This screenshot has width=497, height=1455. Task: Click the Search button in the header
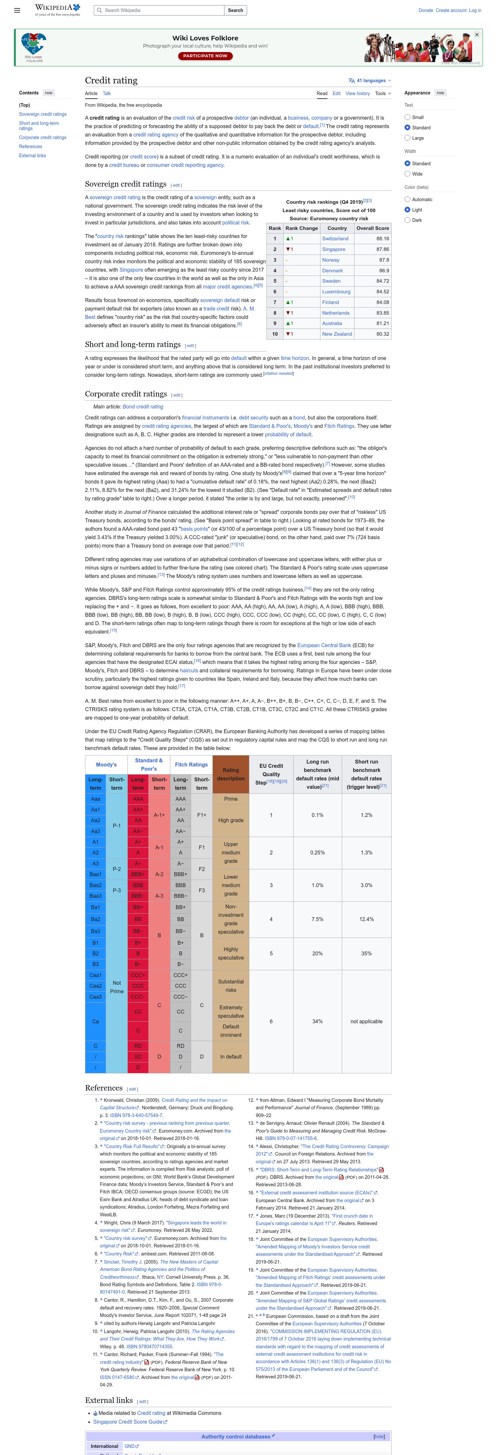tap(235, 10)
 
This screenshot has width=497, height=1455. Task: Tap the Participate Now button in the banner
tap(205, 56)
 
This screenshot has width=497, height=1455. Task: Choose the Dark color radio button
tap(408, 220)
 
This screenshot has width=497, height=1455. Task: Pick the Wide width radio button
tap(408, 174)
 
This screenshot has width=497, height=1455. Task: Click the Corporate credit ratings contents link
tap(42, 137)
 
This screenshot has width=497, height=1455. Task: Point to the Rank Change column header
tap(302, 228)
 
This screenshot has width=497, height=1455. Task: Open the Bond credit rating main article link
tap(143, 407)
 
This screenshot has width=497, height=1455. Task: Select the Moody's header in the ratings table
tap(106, 765)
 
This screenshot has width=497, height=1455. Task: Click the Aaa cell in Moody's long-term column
tap(95, 799)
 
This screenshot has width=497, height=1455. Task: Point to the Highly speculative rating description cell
tap(231, 953)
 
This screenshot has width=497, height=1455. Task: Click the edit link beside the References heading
tap(132, 1089)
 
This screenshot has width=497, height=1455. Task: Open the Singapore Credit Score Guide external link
tap(128, 1422)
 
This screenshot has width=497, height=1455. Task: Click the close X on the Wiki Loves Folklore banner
tap(477, 35)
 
